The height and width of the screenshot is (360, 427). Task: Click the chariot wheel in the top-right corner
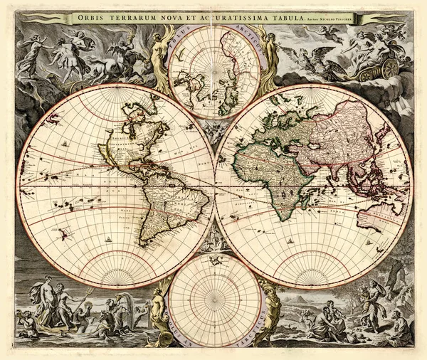[389, 69]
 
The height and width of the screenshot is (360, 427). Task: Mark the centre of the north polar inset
[214, 71]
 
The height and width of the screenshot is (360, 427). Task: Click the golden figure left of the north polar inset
[159, 60]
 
